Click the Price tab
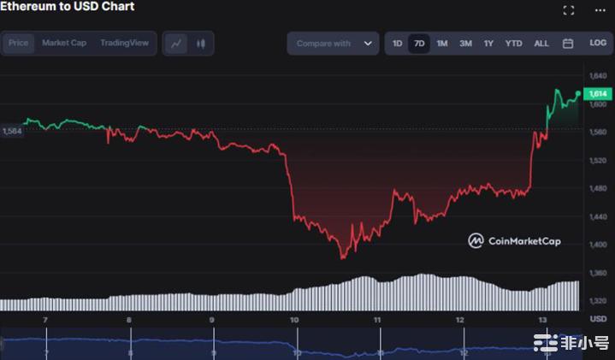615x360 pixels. tap(19, 43)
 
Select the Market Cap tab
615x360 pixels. tap(64, 43)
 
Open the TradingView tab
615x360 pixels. tap(124, 43)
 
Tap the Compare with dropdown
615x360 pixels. tap(334, 43)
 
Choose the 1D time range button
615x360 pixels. tap(398, 43)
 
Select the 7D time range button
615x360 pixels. tap(419, 43)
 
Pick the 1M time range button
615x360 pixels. tap(442, 43)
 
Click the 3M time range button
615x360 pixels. tap(465, 43)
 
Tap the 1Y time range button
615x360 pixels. tap(488, 43)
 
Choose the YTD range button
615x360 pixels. tap(513, 43)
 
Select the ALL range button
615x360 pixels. tap(541, 43)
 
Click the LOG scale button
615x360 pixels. tap(597, 43)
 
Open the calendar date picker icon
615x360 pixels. tap(568, 43)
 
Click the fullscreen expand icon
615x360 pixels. tap(569, 10)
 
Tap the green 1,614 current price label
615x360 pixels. tap(598, 93)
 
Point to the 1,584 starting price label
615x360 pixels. tap(12, 131)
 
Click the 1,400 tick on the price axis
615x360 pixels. tap(598, 245)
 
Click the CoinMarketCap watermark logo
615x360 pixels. tap(514, 241)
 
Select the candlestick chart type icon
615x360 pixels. tap(201, 43)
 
